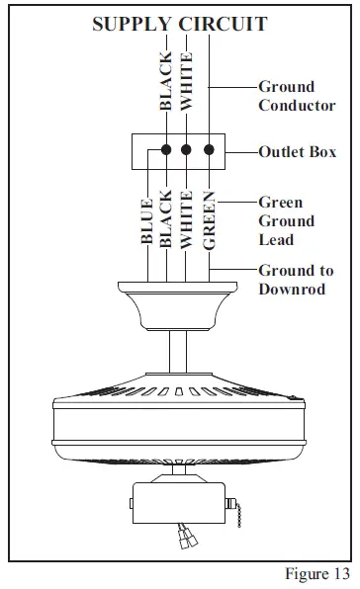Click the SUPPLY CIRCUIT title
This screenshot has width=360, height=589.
click(x=179, y=24)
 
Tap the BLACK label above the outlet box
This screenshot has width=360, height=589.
click(x=166, y=81)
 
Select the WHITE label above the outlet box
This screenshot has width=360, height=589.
click(x=187, y=81)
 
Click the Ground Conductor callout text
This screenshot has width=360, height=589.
click(x=296, y=96)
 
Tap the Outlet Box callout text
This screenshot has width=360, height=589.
click(x=297, y=152)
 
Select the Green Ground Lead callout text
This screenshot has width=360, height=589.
click(x=287, y=220)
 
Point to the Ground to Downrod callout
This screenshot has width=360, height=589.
click(x=296, y=279)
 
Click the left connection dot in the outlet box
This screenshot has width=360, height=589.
click(x=164, y=151)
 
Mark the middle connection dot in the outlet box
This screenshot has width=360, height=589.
click(x=186, y=151)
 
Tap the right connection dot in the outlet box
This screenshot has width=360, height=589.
click(x=208, y=151)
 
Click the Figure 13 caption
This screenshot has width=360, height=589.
click(x=316, y=574)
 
